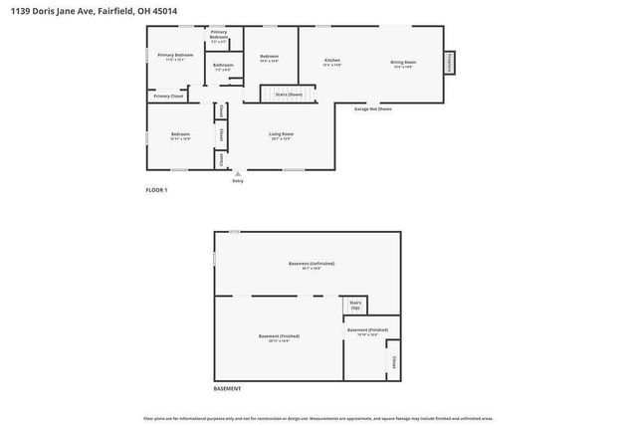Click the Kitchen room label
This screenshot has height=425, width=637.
click(x=332, y=62)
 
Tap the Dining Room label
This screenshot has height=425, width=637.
click(x=403, y=62)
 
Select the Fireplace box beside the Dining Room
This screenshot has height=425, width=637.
click(x=450, y=62)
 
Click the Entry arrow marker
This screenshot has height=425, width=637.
click(x=237, y=173)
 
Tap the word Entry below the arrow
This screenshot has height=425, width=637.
click(x=237, y=181)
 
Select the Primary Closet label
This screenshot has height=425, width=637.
click(x=168, y=96)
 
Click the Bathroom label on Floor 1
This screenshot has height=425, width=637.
click(x=222, y=67)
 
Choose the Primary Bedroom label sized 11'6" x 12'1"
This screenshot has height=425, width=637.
click(x=175, y=56)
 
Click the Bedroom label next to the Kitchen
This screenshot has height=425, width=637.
click(x=269, y=58)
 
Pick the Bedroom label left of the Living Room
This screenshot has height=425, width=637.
click(x=180, y=134)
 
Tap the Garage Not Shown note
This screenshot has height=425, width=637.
click(x=372, y=108)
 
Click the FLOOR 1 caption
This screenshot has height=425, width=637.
click(x=157, y=190)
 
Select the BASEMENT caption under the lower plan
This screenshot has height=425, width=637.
click(x=228, y=387)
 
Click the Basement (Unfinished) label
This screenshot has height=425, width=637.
click(x=312, y=264)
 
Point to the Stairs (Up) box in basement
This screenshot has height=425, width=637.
click(x=355, y=305)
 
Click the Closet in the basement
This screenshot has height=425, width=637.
click(x=393, y=361)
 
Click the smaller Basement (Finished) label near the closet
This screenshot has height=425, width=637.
click(x=367, y=330)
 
